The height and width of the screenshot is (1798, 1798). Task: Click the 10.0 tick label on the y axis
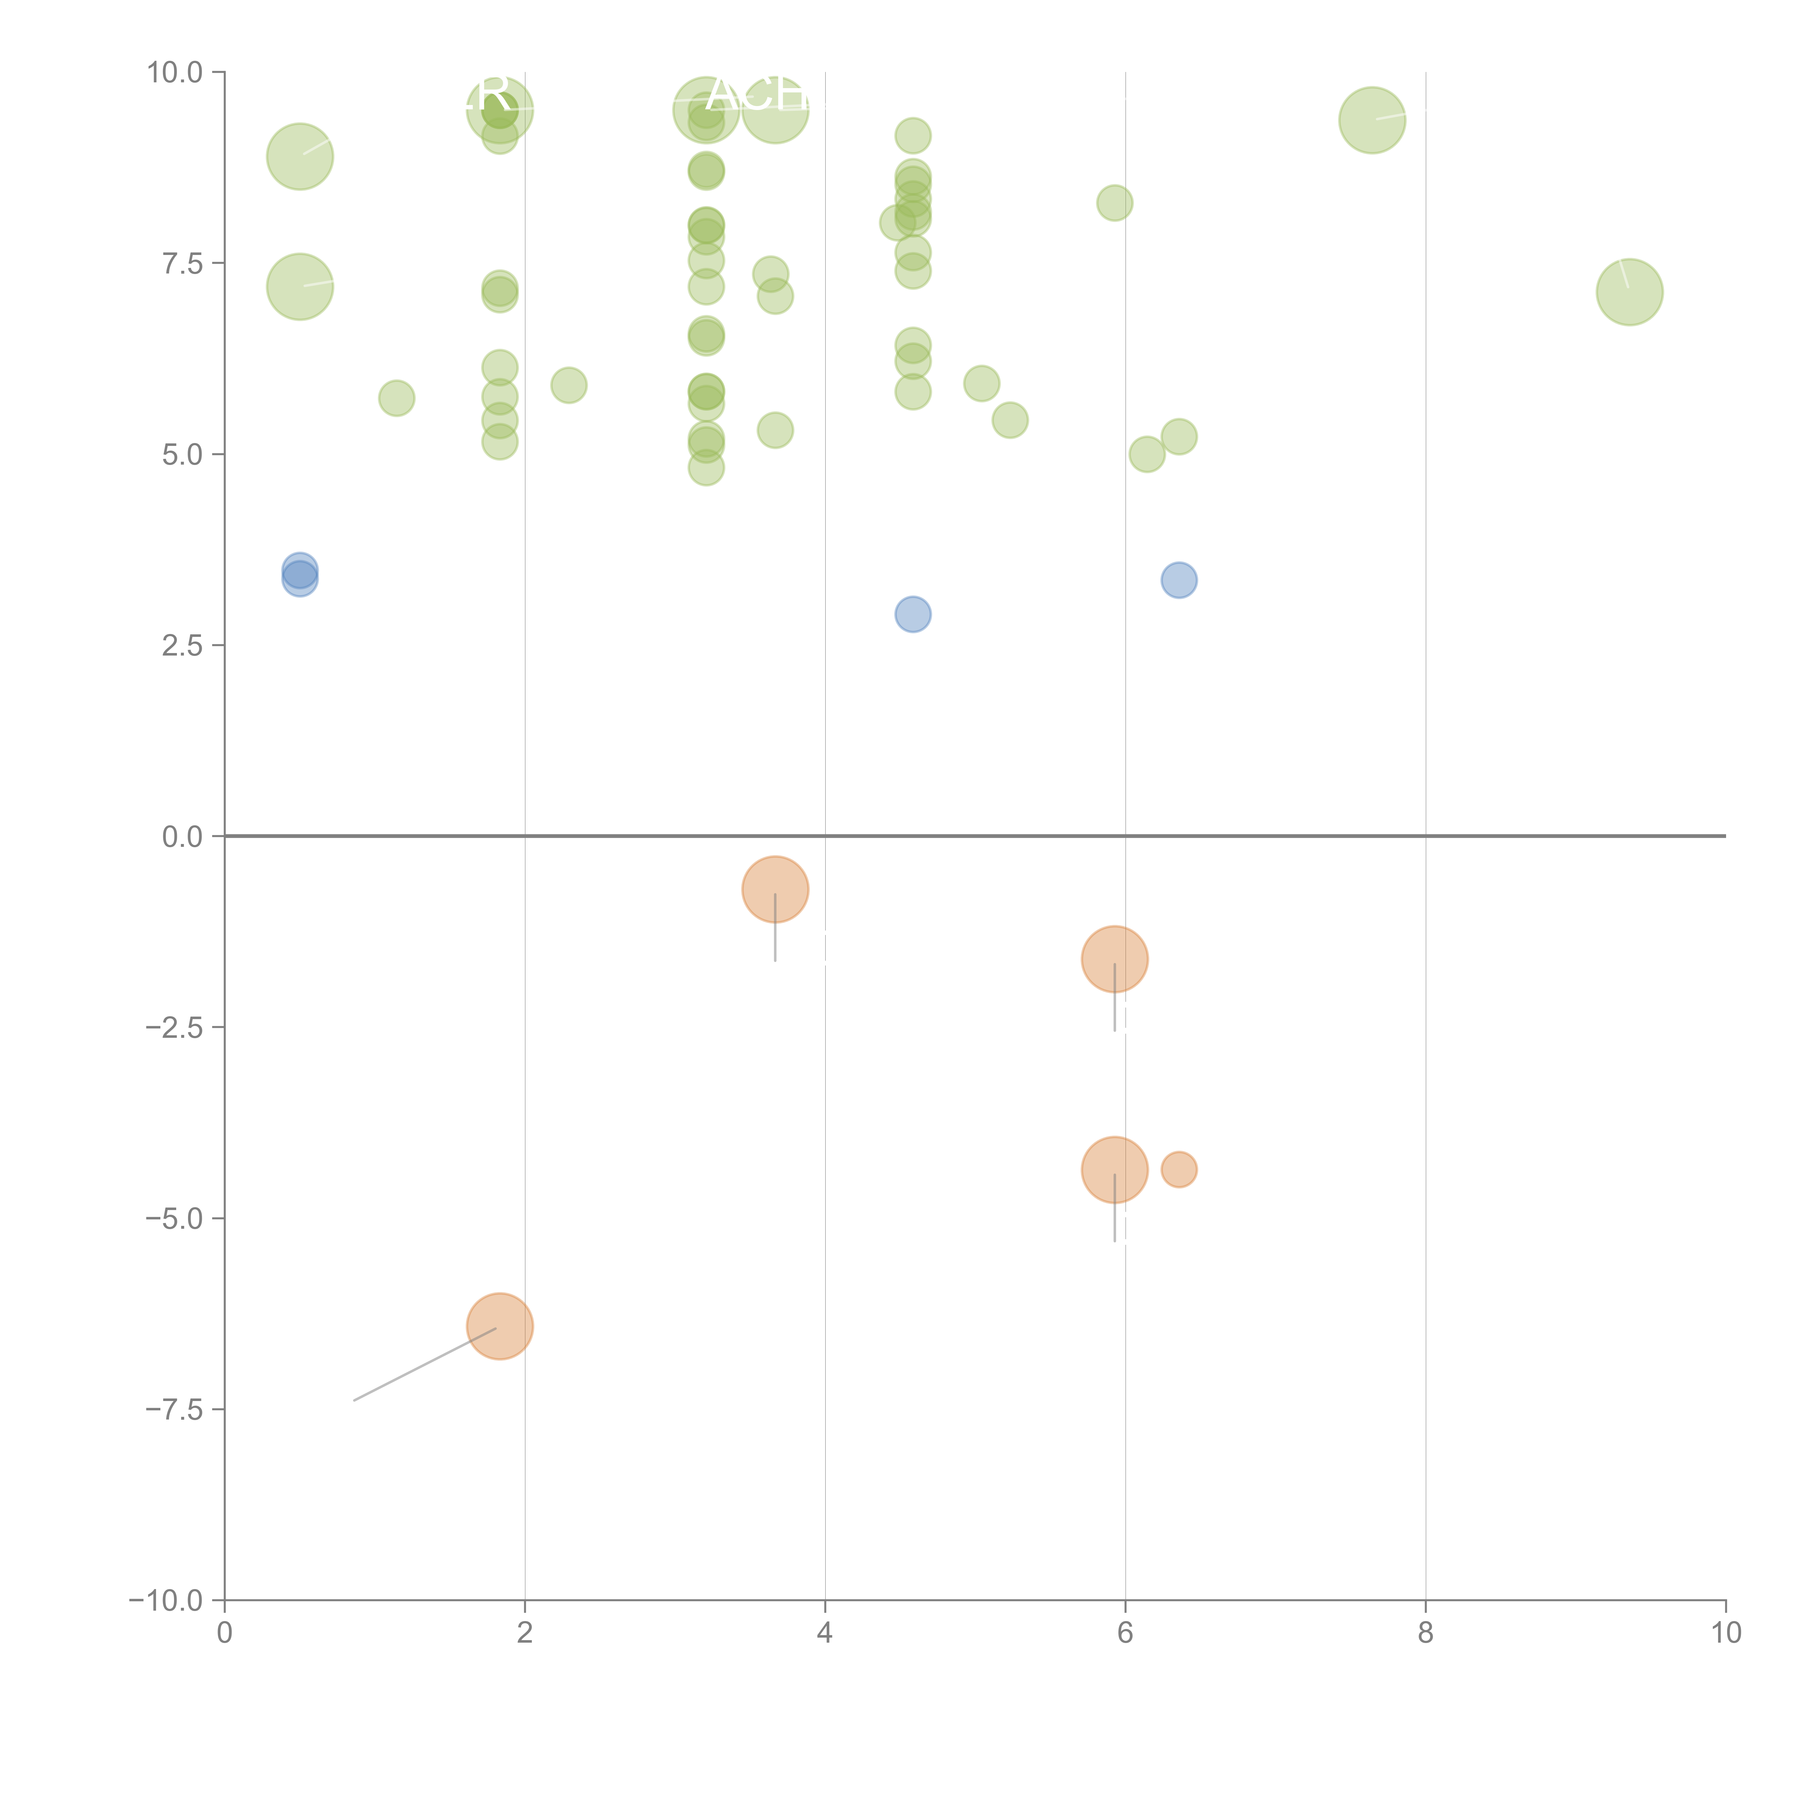175,73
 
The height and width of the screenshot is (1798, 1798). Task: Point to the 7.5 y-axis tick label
182,263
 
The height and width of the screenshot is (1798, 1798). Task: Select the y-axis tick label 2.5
182,645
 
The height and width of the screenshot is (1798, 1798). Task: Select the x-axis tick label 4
825,1633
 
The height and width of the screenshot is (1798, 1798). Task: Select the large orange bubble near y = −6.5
500,1326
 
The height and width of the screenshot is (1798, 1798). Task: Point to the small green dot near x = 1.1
396,398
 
